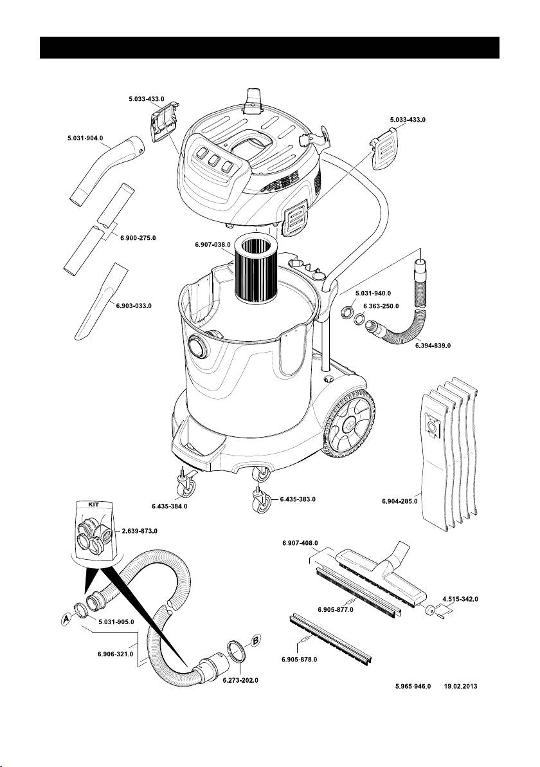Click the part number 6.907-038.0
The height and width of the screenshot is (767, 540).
(x=213, y=245)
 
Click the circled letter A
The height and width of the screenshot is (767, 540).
(x=65, y=619)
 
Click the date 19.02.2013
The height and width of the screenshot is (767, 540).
(x=463, y=687)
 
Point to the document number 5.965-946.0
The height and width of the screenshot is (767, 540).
(x=412, y=687)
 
